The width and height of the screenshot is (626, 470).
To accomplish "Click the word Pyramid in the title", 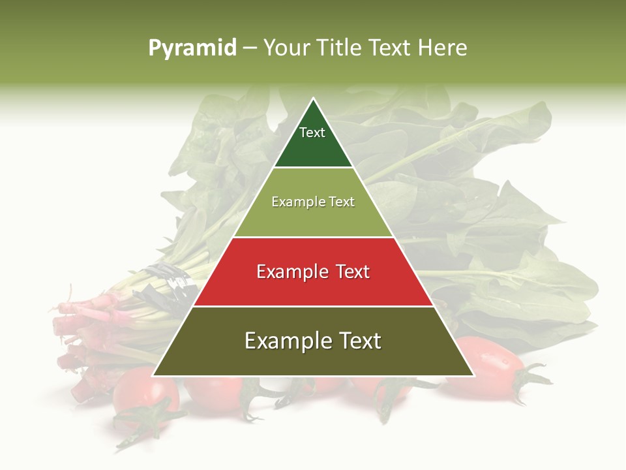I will pyautogui.click(x=192, y=48).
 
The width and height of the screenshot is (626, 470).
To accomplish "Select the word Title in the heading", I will pyautogui.click(x=340, y=48).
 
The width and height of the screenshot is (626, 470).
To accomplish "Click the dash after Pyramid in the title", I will pyautogui.click(x=250, y=48).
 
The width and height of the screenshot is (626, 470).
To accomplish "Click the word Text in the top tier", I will pyautogui.click(x=312, y=133).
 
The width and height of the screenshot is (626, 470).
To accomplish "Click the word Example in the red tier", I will pyautogui.click(x=290, y=272).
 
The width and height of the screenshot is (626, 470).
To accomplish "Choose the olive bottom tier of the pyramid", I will pyautogui.click(x=313, y=359).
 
